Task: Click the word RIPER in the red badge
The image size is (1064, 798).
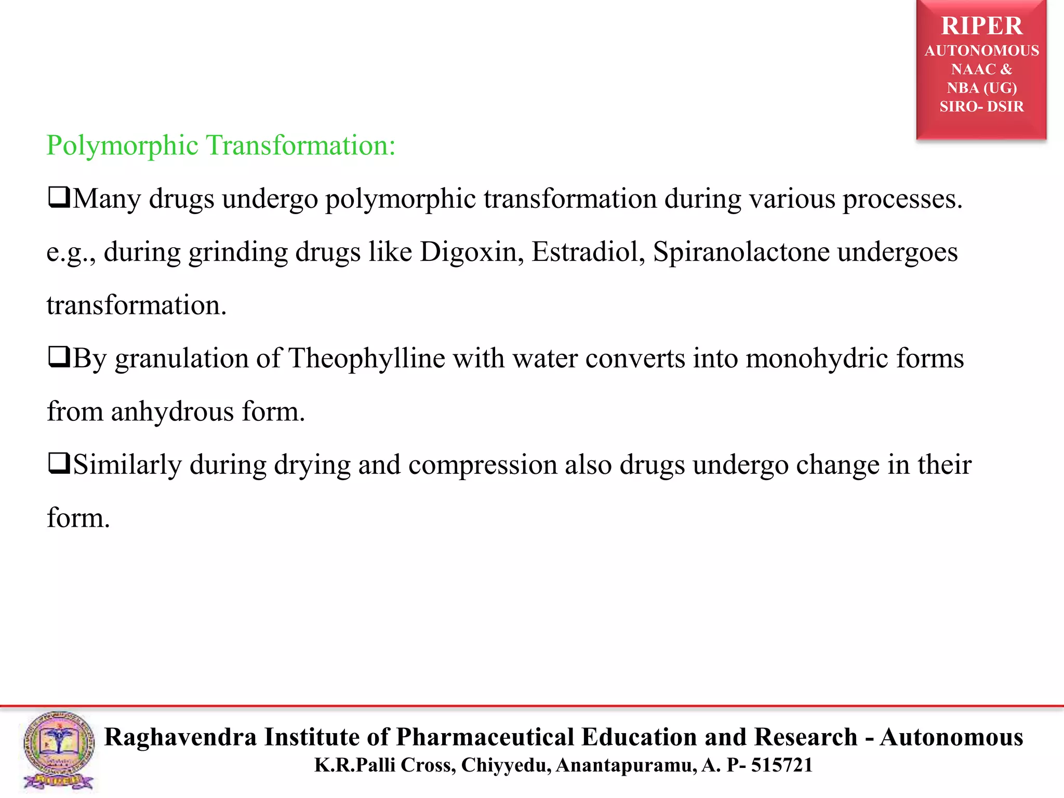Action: click(x=981, y=26)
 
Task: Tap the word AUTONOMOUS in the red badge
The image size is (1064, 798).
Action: click(x=981, y=51)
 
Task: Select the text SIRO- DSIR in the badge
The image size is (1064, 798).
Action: click(x=981, y=107)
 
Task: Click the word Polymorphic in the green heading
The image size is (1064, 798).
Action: click(x=122, y=145)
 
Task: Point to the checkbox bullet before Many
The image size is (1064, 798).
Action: click(x=59, y=198)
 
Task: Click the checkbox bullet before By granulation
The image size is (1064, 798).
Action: click(x=59, y=357)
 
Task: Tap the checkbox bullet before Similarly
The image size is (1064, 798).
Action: click(x=59, y=463)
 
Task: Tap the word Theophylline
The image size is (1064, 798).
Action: click(x=367, y=358)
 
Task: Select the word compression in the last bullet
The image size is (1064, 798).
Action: click(x=483, y=465)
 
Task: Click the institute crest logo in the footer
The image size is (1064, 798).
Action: click(x=59, y=751)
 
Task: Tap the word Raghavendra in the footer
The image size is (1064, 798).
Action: click(x=180, y=737)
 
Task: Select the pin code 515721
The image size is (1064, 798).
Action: click(x=782, y=765)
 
